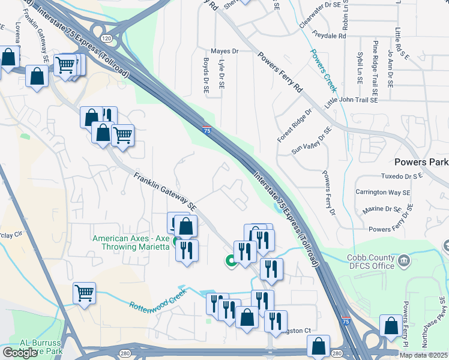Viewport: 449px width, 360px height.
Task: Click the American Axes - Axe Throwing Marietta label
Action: (x=131, y=243)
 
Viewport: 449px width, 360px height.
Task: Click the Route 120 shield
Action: (x=106, y=38)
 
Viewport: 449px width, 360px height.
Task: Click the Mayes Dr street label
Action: (x=224, y=52)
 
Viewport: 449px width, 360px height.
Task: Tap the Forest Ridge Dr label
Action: (x=295, y=125)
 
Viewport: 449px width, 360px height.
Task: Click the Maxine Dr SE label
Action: (x=381, y=210)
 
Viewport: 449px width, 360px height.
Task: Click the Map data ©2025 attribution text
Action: (x=423, y=355)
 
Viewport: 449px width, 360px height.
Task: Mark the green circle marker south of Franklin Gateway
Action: (x=230, y=260)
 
